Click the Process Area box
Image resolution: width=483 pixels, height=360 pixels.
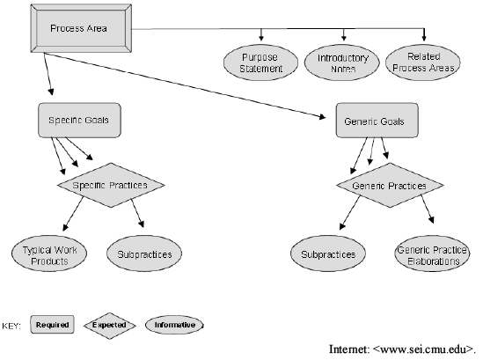(x=81, y=28)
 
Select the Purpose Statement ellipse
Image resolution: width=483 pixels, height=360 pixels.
(x=260, y=62)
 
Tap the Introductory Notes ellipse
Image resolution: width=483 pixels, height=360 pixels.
(x=342, y=62)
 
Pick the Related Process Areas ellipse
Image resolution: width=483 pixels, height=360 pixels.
(x=423, y=62)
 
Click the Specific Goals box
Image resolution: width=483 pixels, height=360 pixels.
(x=79, y=121)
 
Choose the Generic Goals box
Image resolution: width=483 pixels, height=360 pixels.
(x=377, y=121)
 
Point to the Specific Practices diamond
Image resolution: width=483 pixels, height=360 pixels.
(x=111, y=185)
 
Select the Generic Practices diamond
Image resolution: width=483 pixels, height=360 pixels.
(x=390, y=185)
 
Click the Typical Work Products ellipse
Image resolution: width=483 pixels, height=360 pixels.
(x=49, y=253)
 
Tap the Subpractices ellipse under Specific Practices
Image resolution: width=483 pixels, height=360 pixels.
(x=144, y=253)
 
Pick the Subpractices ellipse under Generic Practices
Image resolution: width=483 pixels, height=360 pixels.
(x=328, y=253)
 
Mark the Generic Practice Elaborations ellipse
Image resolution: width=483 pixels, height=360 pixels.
(x=432, y=253)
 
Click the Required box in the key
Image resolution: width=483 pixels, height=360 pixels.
(x=52, y=325)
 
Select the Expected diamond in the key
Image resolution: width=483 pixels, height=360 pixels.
(x=110, y=325)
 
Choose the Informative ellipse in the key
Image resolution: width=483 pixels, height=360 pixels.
(x=174, y=325)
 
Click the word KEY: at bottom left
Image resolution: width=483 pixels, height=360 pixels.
(x=11, y=326)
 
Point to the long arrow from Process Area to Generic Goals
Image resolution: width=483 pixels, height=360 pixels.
(x=186, y=85)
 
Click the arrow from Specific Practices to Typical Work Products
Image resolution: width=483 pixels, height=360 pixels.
(x=73, y=214)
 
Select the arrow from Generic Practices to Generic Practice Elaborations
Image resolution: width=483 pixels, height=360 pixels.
(x=428, y=209)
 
